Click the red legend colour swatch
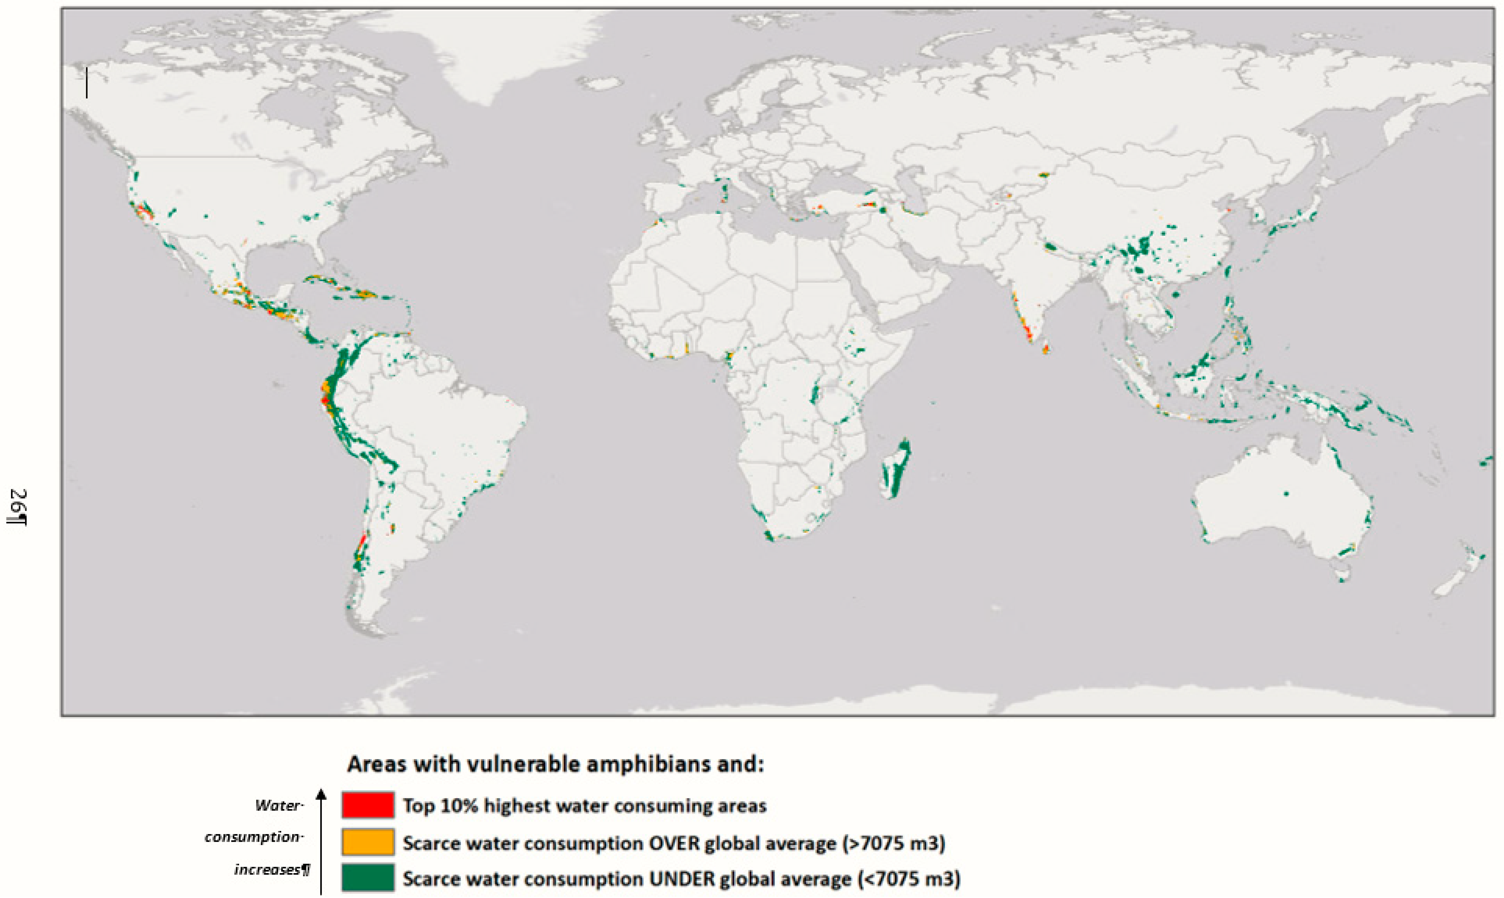368,805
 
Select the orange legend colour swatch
368,842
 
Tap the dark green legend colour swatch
368,877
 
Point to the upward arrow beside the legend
321,841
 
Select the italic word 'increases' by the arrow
267,869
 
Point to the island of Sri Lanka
1045,348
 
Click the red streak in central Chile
362,540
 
